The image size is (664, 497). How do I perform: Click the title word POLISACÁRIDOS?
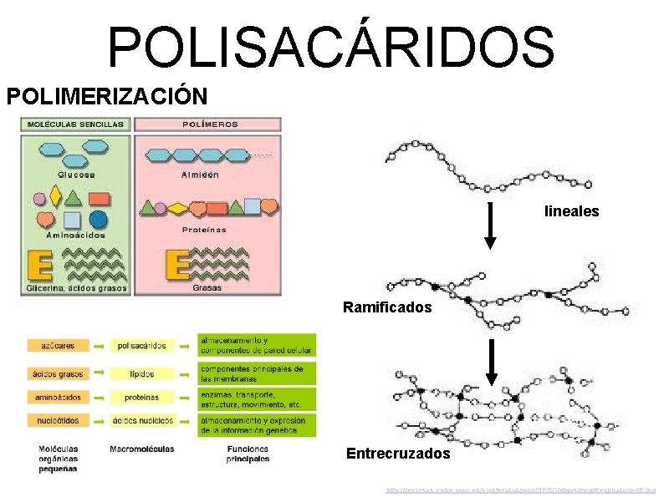pos(331,46)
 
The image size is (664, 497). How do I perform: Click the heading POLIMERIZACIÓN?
pos(108,95)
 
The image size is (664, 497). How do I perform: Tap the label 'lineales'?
pos(571,211)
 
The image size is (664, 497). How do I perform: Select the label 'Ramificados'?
pos(387,307)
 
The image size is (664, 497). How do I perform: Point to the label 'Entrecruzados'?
pos(398,454)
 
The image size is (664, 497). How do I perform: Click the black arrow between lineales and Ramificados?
pos(492,224)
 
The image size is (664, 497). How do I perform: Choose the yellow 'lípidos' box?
pos(142,373)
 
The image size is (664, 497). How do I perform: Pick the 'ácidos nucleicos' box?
pos(142,420)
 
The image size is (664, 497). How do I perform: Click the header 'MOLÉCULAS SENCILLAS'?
pos(76,124)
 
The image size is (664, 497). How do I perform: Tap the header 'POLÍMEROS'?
pos(210,124)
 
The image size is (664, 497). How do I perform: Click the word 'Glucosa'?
pos(76,175)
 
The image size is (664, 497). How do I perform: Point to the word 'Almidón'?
pos(200,175)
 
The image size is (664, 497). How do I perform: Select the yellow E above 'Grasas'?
pos(178,265)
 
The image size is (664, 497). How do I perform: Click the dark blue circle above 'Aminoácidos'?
pos(99,220)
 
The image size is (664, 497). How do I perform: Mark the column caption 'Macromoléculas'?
pos(142,449)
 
